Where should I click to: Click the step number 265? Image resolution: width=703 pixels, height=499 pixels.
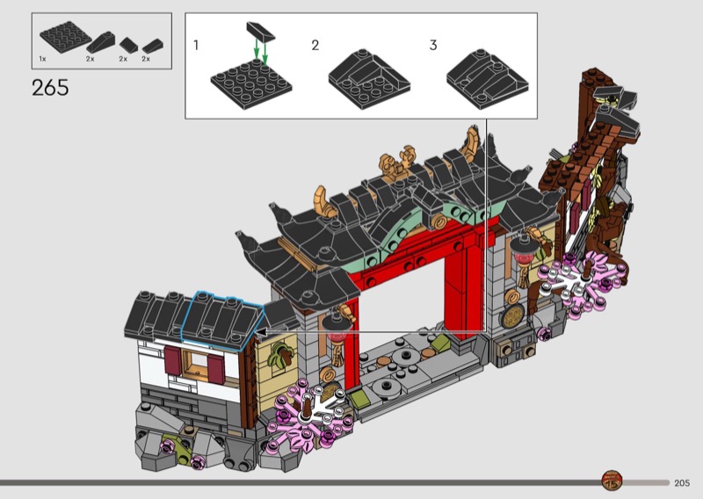(50, 88)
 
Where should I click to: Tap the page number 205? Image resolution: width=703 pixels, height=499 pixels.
(682, 483)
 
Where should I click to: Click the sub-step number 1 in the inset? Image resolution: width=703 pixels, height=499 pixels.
(196, 45)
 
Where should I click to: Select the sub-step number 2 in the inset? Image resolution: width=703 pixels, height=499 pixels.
(315, 45)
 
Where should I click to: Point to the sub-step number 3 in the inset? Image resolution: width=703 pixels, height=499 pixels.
(433, 45)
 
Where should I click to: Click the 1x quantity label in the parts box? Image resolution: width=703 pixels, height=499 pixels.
(42, 59)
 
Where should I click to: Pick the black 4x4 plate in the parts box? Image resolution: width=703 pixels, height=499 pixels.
(65, 36)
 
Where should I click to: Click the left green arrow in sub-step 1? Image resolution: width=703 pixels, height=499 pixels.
(256, 48)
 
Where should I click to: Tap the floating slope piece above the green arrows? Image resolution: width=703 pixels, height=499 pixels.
(260, 30)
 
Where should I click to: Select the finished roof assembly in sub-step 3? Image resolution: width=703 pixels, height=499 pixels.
(488, 79)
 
